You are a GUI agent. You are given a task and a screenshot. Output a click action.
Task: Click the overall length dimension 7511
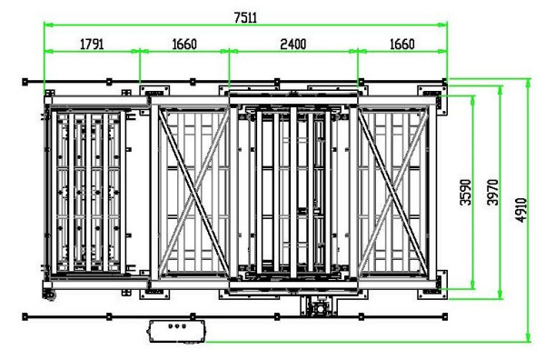pos(245,17)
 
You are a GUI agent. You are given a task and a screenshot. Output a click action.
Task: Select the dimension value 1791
pos(92,45)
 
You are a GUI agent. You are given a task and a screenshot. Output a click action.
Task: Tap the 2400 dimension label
pos(293,45)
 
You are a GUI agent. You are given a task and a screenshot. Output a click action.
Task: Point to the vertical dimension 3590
pos(465,192)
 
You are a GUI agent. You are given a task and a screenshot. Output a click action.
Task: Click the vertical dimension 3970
pos(492,192)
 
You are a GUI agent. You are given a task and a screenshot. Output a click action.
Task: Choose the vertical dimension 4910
pos(521,210)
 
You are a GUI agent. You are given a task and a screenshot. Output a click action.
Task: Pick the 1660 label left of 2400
pos(184,45)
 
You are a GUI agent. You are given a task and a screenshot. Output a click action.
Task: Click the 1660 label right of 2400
pos(401,45)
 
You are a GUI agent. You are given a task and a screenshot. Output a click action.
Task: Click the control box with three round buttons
pos(177,332)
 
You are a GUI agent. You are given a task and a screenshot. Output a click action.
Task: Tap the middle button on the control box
pos(177,326)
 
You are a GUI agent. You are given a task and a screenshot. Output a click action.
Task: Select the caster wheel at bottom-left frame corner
pos(49,295)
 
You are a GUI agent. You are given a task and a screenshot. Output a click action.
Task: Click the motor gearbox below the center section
pos(319,306)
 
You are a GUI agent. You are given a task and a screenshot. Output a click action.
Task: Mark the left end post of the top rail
pos(25,82)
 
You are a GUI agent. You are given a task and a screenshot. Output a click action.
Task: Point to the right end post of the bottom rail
pos(445,316)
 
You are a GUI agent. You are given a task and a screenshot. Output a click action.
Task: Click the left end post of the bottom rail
pos(25,316)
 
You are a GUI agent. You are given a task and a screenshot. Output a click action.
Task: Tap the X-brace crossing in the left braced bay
pos(194,193)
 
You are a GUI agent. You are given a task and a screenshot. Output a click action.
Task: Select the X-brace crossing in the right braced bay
pos(393,193)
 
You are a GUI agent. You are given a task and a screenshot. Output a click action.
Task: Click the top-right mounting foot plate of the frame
pos(432,96)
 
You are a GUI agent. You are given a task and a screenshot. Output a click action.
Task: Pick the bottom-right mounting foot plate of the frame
pos(432,285)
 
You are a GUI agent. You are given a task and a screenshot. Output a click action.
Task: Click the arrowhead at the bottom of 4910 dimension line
pos(529,338)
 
